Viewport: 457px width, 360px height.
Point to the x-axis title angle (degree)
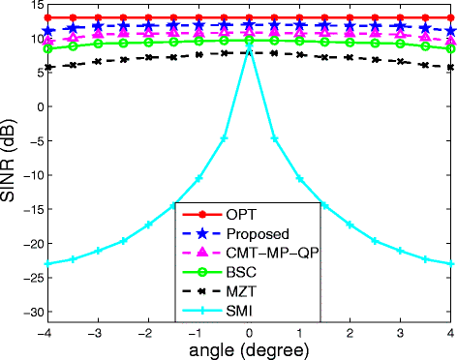click(x=249, y=347)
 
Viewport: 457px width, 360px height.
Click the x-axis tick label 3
click(x=401, y=331)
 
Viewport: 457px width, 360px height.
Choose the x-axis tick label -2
click(x=145, y=331)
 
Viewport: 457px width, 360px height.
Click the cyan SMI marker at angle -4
click(x=47, y=263)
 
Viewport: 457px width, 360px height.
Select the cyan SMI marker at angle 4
click(x=451, y=263)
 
